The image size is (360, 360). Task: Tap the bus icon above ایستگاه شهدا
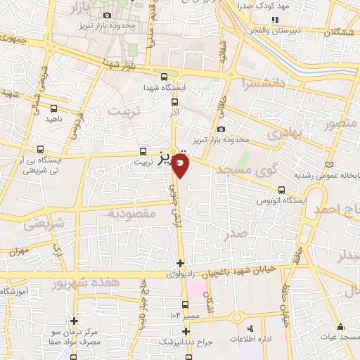164,77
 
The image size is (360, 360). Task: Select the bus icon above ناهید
54,108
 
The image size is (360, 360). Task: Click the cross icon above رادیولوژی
181,264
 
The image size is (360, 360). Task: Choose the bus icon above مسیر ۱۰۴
185,304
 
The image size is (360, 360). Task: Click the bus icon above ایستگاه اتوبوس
282,190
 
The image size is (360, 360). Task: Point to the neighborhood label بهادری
287,131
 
